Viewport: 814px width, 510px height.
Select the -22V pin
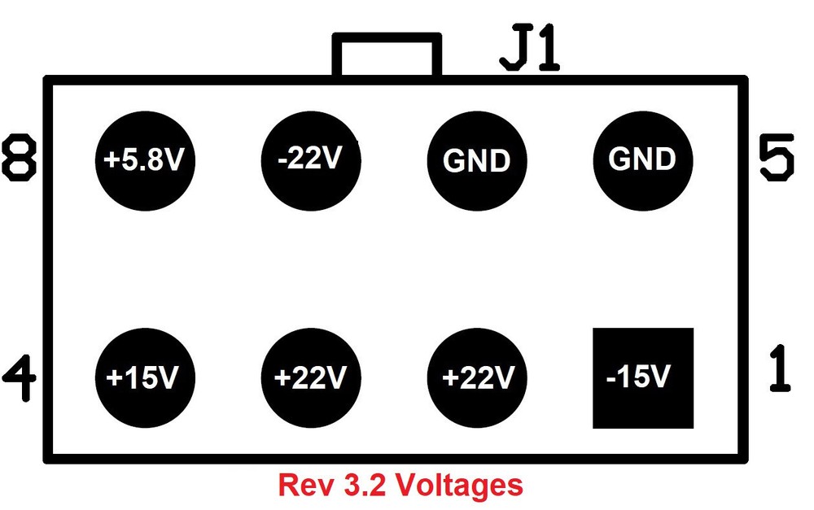click(310, 159)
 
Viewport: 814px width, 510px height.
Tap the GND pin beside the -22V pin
click(476, 159)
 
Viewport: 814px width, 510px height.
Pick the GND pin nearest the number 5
click(642, 159)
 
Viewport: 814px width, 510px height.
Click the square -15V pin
click(642, 378)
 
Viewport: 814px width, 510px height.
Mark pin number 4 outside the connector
click(20, 376)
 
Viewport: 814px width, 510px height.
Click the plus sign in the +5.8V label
click(110, 160)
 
